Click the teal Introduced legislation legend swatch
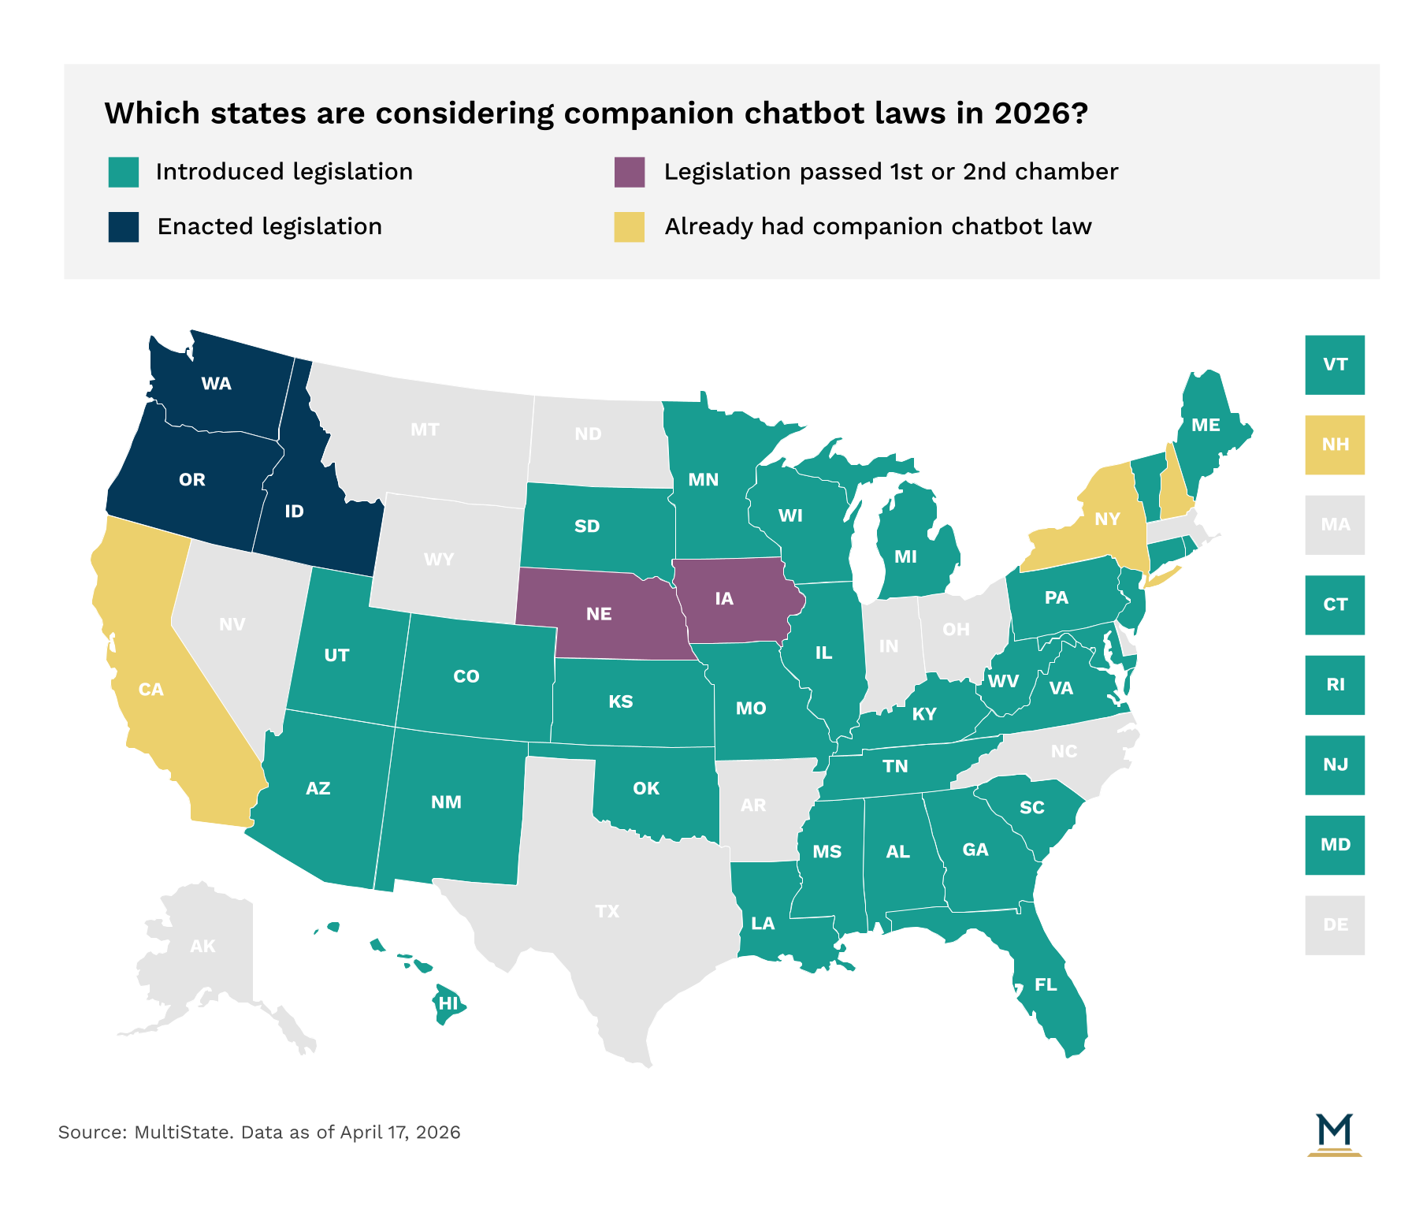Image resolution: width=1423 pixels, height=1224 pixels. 124,172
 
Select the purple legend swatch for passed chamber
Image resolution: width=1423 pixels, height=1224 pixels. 630,172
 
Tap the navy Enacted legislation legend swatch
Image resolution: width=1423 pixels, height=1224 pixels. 124,227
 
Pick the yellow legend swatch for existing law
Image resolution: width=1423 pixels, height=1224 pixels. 630,227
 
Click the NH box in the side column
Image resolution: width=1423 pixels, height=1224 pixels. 1335,445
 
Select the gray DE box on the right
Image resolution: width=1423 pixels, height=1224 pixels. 1335,925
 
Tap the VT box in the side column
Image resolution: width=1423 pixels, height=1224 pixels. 1335,365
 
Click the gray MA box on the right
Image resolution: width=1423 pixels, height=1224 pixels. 1335,525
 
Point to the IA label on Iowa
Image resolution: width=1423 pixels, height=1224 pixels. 724,599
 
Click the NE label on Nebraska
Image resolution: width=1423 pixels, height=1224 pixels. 599,614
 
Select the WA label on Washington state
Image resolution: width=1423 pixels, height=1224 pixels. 216,384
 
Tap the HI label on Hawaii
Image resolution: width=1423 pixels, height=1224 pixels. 448,1003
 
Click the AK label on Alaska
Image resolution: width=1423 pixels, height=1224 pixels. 202,946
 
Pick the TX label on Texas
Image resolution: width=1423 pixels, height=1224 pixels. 607,912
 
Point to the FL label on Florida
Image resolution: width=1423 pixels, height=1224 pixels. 1046,984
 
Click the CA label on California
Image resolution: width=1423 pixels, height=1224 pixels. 150,690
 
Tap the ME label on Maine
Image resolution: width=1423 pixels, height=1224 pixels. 1206,426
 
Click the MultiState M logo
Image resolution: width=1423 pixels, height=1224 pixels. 1334,1134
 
